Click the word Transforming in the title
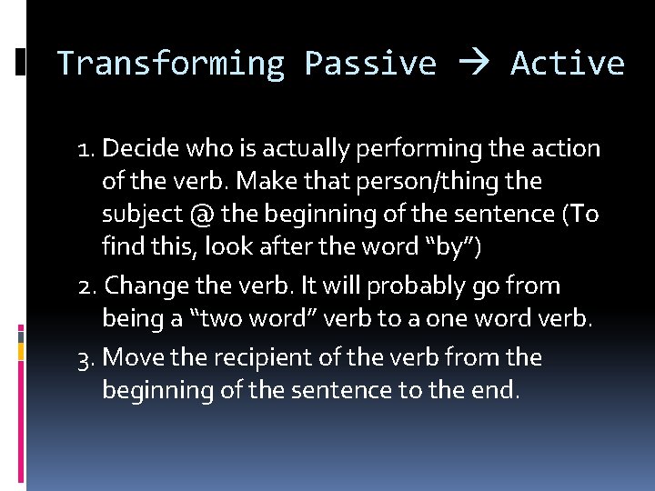170,64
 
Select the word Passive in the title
370,64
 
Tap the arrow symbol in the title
473,64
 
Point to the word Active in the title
568,64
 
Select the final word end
499,391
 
